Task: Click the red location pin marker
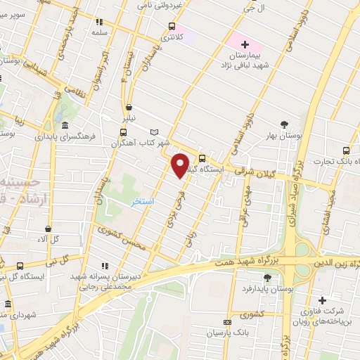(181, 165)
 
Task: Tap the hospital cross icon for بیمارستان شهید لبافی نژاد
(245, 44)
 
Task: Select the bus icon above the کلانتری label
(172, 27)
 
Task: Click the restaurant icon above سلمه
(99, 22)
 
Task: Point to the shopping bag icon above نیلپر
(128, 108)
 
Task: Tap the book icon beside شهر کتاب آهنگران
(155, 131)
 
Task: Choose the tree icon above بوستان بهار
(284, 124)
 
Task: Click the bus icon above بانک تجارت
(345, 150)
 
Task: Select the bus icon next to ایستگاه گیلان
(202, 158)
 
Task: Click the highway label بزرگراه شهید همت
(249, 260)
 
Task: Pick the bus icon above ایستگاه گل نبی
(19, 266)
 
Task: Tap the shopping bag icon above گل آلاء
(48, 228)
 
